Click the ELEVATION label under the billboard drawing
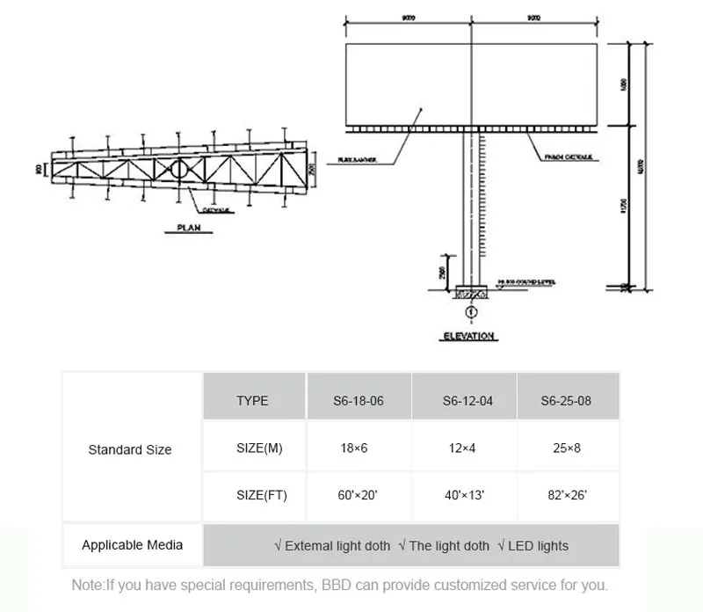tap(467, 336)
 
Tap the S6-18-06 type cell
tap(359, 401)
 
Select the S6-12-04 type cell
tap(467, 401)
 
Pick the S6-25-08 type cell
tap(567, 401)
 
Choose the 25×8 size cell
tap(567, 448)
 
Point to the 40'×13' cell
tap(467, 496)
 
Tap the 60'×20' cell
tap(358, 496)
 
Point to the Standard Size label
tap(130, 450)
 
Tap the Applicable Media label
tap(133, 545)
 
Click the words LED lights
tap(538, 546)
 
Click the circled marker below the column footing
tap(472, 311)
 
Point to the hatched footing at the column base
tap(472, 292)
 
